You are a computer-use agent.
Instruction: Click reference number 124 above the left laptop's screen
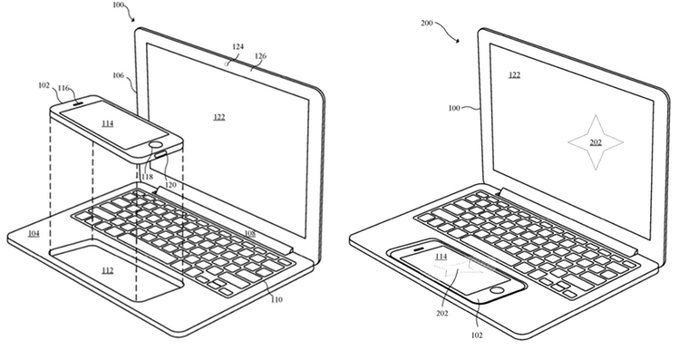coord(238,46)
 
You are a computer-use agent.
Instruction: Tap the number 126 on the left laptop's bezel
coord(260,56)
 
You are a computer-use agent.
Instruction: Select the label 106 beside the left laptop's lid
coord(118,75)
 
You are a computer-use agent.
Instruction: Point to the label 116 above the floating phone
coord(64,88)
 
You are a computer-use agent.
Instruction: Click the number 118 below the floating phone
coord(148,177)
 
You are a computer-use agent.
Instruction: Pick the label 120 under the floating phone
coord(170,185)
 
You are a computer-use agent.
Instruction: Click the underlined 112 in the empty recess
coord(108,271)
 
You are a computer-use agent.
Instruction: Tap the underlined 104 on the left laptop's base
coord(34,233)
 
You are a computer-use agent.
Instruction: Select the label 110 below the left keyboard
coord(277,300)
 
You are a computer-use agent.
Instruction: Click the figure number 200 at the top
coord(427,23)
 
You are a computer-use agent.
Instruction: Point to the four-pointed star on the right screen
coord(596,142)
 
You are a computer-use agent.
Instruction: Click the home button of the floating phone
coord(156,144)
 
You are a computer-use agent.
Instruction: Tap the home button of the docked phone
coord(498,289)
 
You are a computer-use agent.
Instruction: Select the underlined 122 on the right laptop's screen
coord(515,74)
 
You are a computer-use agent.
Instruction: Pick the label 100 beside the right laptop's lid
coord(454,108)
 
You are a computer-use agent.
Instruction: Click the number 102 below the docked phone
coord(476,335)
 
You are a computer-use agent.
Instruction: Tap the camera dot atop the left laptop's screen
coord(228,64)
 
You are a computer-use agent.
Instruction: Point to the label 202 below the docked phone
coord(442,314)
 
